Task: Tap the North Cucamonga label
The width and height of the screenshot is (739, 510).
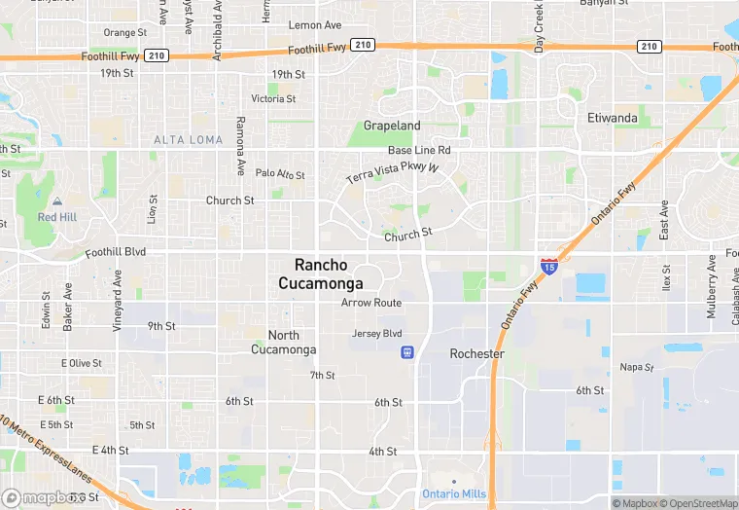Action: (x=283, y=342)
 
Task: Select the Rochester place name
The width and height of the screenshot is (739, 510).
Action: (x=476, y=354)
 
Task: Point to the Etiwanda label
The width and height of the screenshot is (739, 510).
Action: (x=613, y=118)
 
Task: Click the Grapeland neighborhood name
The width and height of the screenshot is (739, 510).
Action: (x=392, y=126)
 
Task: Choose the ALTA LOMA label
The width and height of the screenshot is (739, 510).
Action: (x=188, y=140)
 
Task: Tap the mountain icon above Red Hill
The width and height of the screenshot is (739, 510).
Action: (x=56, y=200)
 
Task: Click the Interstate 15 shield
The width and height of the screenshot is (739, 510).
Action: (x=549, y=266)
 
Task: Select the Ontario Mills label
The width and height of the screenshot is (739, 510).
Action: (x=454, y=493)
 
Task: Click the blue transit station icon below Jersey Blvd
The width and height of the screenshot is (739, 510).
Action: (x=406, y=351)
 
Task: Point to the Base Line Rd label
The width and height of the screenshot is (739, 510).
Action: (x=419, y=150)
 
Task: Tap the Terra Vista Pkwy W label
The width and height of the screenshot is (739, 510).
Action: (x=393, y=174)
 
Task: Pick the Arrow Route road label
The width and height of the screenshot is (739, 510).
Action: (x=370, y=303)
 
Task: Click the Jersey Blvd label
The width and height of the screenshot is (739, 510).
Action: (x=376, y=333)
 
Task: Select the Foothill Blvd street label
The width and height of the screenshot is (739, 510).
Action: (x=115, y=251)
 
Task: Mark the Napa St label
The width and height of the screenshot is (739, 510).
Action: (x=638, y=367)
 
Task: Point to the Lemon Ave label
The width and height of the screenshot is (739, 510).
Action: (x=315, y=24)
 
